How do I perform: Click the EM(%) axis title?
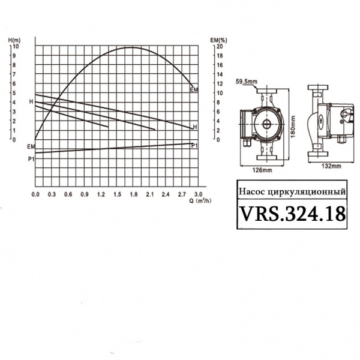click(x=217, y=40)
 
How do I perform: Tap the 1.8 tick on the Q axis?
click(x=134, y=194)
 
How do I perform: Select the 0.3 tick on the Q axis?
click(x=52, y=194)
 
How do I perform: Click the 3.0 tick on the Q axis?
click(x=199, y=194)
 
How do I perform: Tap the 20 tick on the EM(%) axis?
click(x=220, y=46)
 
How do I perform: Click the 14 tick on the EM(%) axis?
click(x=220, y=74)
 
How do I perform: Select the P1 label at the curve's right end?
click(x=194, y=146)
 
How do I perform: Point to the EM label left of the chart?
click(x=31, y=146)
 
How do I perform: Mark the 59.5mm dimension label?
click(x=246, y=82)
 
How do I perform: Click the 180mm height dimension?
click(x=293, y=127)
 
